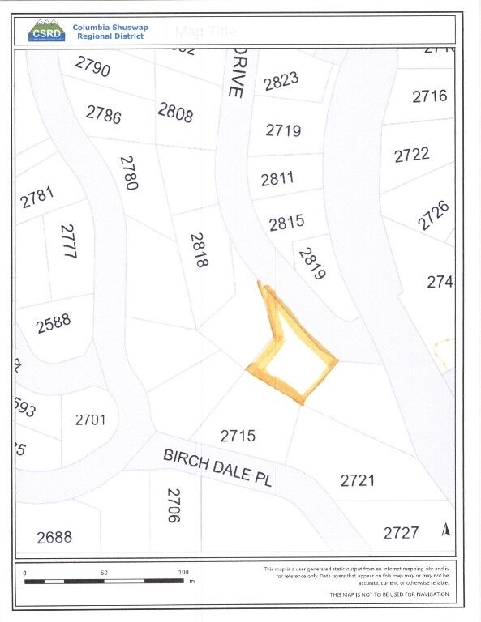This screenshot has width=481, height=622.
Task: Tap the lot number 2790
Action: point(92,66)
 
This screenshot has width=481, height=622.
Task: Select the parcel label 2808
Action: point(176,113)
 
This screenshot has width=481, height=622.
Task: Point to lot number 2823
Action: point(281,81)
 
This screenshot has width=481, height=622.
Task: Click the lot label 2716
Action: point(429,96)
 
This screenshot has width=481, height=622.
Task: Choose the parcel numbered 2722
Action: point(411,155)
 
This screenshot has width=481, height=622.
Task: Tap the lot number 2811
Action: point(277,178)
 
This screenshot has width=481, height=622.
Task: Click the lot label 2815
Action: point(286,223)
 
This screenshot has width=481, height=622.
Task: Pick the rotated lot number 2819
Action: point(312,263)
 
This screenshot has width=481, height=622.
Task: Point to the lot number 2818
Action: point(200,250)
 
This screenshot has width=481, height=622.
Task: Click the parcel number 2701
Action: point(90,420)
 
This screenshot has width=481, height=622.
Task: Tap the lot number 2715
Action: point(238,436)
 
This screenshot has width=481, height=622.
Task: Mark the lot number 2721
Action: point(358,480)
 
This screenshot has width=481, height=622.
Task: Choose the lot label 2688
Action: point(54,536)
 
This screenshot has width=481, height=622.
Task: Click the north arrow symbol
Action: point(444,530)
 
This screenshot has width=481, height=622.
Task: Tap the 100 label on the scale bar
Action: point(183,573)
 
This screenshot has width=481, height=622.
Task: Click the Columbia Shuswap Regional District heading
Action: point(110,32)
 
